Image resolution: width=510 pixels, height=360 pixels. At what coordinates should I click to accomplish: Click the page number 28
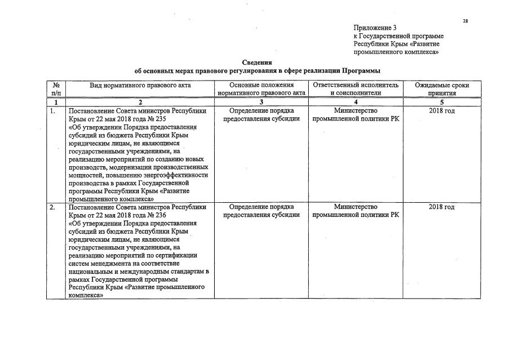[x=465, y=21]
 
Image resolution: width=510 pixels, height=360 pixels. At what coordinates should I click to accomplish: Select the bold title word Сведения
[x=257, y=63]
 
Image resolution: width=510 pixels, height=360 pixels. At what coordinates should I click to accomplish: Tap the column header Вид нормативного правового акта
[x=140, y=85]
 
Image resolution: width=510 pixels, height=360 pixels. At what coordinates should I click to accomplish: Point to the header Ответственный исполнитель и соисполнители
[x=356, y=89]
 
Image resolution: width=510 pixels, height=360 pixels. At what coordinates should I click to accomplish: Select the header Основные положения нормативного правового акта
[x=261, y=89]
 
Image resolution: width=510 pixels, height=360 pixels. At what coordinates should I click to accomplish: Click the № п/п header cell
[x=56, y=89]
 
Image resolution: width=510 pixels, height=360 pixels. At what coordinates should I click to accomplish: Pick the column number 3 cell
[x=261, y=102]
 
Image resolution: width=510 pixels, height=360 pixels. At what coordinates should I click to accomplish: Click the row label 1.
[x=52, y=111]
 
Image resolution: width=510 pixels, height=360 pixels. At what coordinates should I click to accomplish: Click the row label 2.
[x=52, y=207]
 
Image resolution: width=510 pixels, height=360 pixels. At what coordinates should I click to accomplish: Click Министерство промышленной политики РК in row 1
[x=356, y=115]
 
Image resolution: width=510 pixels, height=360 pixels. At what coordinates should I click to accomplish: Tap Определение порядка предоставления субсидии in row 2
[x=261, y=211]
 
